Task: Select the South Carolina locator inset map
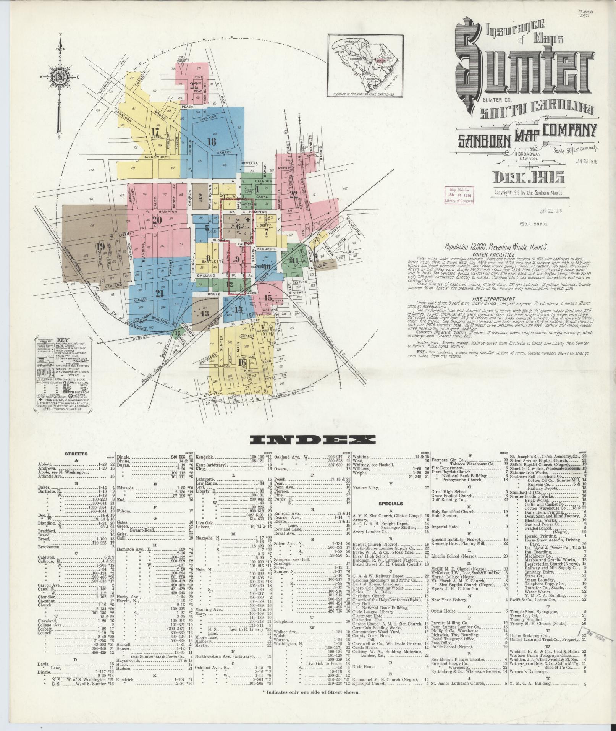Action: pyautogui.click(x=366, y=66)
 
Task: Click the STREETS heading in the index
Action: pyautogui.click(x=76, y=454)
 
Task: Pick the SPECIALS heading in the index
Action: pyautogui.click(x=390, y=504)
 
